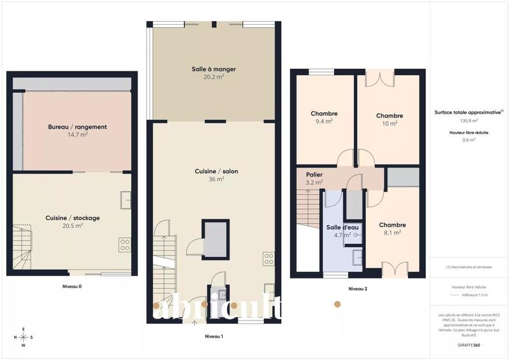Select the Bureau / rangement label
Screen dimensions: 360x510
click(x=77, y=127)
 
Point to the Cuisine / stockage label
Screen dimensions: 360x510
click(x=73, y=218)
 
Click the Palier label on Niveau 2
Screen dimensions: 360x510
click(x=314, y=173)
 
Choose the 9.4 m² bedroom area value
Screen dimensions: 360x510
click(x=324, y=122)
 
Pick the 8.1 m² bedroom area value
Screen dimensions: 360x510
click(x=392, y=233)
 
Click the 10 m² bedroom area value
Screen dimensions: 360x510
click(x=390, y=124)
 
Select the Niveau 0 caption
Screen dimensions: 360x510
click(x=72, y=286)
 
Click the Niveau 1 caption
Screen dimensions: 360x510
click(x=213, y=335)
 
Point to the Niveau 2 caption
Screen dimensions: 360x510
click(x=358, y=289)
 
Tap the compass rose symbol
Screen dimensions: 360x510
click(x=24, y=337)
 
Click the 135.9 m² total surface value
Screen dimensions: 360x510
click(x=469, y=120)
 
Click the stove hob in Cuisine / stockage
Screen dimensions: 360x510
click(x=124, y=245)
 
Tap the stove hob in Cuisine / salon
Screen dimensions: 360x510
click(x=268, y=259)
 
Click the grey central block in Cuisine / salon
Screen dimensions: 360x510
click(x=215, y=238)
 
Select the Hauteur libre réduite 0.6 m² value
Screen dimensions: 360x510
click(x=469, y=140)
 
